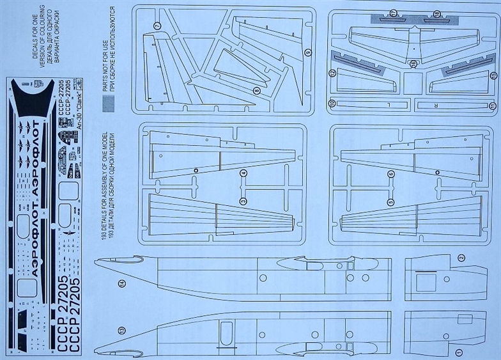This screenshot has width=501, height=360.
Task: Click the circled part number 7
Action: (157, 26)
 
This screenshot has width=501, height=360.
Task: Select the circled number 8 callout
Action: (256, 91)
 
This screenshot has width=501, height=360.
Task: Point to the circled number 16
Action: (413, 64)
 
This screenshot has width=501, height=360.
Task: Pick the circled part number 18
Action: (436, 13)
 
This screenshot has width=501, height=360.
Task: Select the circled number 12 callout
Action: (332, 74)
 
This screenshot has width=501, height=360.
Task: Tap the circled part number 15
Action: (492, 75)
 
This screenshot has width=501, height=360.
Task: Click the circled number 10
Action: (332, 103)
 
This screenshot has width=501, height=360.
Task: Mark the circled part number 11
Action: (492, 105)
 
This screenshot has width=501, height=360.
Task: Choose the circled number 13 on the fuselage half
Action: (121, 330)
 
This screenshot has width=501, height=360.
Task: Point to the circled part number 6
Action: (390, 173)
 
